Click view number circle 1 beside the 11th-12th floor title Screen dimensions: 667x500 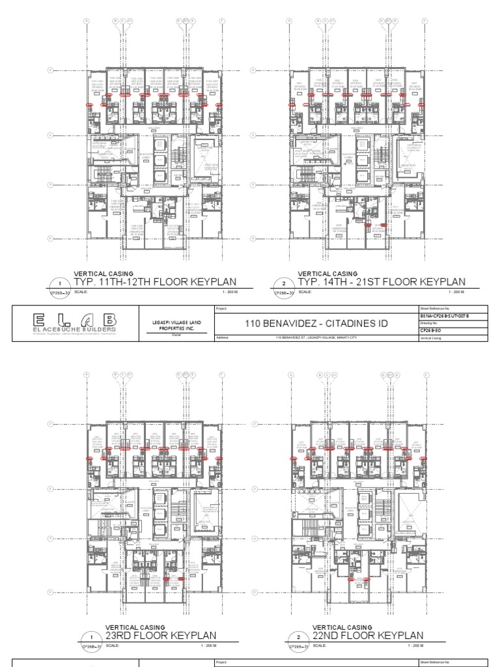[60, 284]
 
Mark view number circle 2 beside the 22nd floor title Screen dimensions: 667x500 [298, 637]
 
